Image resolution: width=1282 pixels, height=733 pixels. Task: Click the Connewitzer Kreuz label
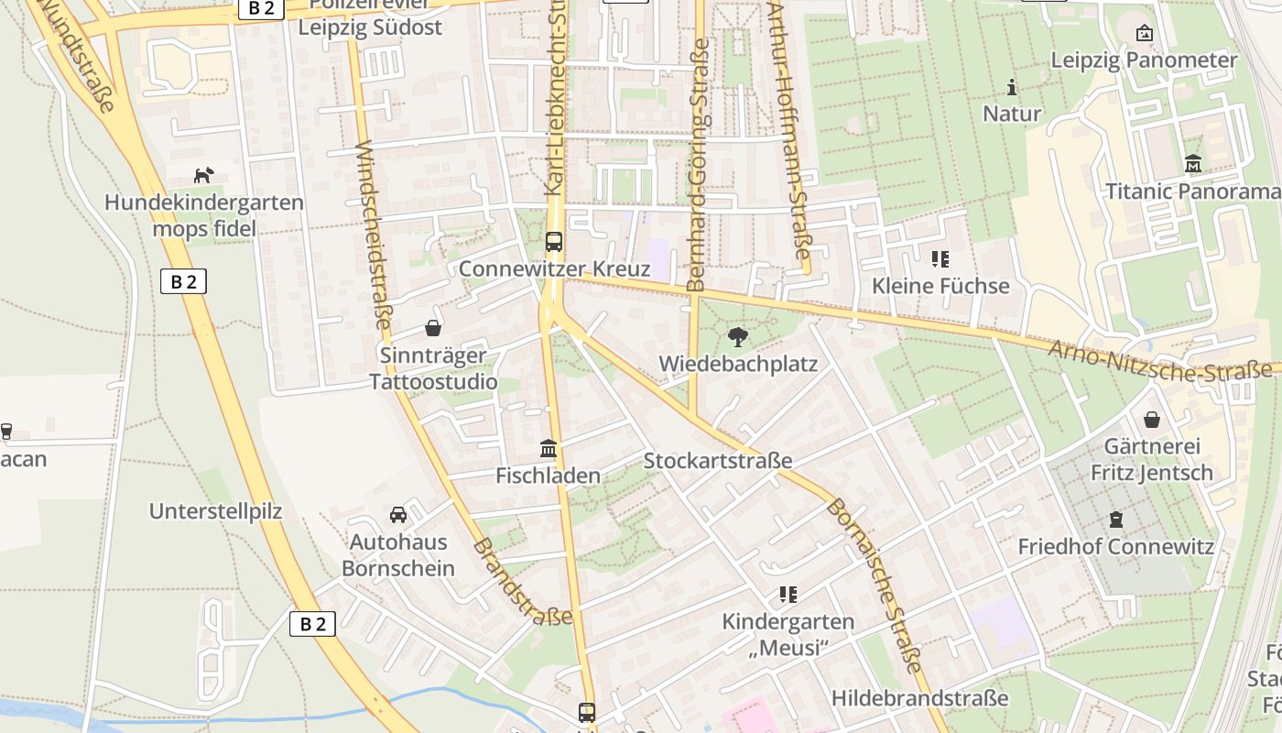pos(554,269)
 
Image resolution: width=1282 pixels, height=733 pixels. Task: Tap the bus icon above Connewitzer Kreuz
pos(554,242)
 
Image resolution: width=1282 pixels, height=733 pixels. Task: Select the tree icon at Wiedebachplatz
pos(737,336)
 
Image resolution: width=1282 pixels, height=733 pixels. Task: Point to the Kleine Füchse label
pos(940,286)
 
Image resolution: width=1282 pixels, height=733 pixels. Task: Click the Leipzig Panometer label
pos(1144,60)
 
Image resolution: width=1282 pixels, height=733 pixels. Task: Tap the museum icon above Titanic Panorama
pos(1193,164)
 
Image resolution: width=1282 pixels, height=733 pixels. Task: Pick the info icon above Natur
pos(1012,88)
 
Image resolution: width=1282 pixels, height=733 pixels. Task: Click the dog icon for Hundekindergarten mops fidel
pos(203,174)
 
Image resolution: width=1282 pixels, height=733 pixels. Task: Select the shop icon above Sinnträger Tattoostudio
pos(433,328)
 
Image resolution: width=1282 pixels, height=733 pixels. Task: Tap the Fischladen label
pos(548,476)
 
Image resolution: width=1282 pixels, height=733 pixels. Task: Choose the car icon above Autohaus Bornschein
pos(398,515)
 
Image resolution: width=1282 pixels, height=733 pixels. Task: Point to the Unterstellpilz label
pos(216,511)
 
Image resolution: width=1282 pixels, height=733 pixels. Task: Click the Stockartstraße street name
pos(717,460)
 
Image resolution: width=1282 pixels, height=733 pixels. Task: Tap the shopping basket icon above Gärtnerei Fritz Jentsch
pos(1152,420)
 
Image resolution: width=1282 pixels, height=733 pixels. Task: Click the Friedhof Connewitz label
pos(1115,547)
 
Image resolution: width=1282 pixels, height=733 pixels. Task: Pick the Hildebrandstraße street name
pos(919,698)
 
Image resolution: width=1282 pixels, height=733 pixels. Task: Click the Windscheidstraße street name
pos(372,235)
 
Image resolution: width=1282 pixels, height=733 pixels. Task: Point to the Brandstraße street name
pos(523,582)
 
